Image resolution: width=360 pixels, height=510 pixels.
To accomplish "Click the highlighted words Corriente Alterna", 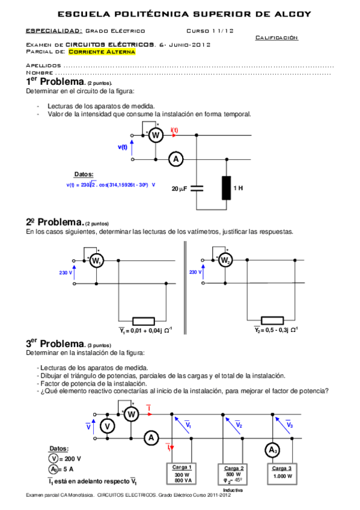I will [x=102, y=52].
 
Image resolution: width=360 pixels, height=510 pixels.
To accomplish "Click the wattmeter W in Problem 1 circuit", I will [x=156, y=136].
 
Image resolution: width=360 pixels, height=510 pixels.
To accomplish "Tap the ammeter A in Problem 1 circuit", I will [x=175, y=159].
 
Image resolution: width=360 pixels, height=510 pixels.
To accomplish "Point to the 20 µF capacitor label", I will [x=180, y=188].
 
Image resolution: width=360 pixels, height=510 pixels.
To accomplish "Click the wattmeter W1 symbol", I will [x=96, y=260].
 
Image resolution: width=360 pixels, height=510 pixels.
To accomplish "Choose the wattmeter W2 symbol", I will [x=224, y=260].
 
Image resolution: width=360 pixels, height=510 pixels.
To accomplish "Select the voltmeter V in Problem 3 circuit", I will [x=107, y=426].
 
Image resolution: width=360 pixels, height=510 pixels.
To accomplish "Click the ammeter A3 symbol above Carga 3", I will [x=273, y=450].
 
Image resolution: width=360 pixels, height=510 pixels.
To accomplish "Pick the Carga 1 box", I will [x=182, y=474].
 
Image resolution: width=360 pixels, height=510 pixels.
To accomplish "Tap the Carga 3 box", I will [x=282, y=474].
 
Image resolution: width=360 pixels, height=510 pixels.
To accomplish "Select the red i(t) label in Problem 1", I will [x=174, y=130].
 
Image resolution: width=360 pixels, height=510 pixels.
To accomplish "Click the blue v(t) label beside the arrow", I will [x=123, y=147].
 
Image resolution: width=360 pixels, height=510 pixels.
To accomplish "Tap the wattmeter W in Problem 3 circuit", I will [x=132, y=414].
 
